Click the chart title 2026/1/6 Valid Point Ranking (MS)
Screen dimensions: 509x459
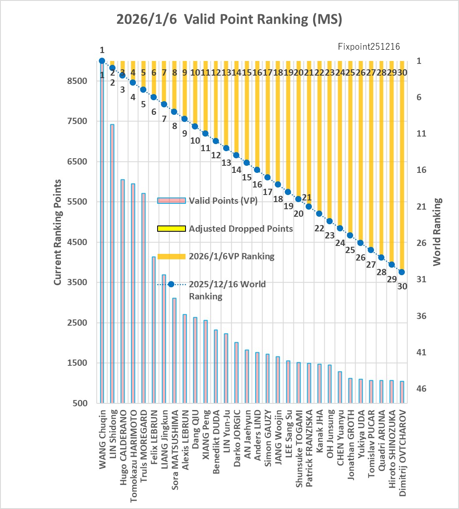(229, 19)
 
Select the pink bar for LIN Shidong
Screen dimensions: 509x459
(112, 263)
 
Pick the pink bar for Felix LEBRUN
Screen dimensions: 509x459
(153, 330)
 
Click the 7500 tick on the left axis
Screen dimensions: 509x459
(77, 121)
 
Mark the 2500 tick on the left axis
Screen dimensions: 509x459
(77, 322)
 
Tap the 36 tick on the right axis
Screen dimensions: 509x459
(421, 316)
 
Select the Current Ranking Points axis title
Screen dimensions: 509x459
(58, 232)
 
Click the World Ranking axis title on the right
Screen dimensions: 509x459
(437, 232)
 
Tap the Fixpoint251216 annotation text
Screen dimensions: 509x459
(369, 46)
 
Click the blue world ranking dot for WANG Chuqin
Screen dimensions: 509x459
(102, 61)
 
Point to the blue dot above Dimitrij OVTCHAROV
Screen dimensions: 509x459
(402, 272)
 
